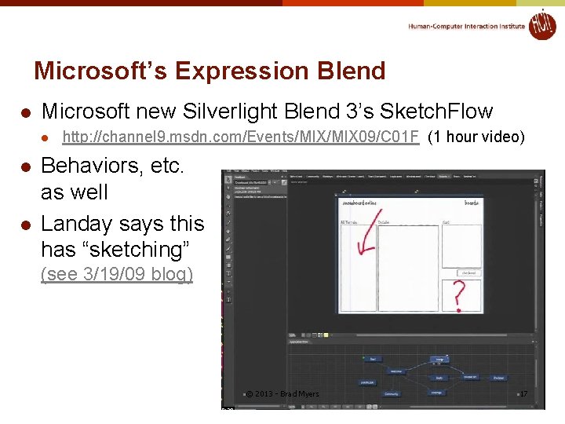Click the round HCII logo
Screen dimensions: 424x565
(x=541, y=25)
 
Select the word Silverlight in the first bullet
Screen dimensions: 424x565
(x=229, y=111)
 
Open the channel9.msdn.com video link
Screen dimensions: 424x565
(x=240, y=137)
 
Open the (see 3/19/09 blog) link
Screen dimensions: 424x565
(x=116, y=275)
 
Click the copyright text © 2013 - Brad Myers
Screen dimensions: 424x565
(x=282, y=393)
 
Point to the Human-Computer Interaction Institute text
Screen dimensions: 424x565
(x=466, y=26)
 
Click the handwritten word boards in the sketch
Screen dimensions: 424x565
(x=471, y=203)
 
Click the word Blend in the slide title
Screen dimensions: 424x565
(x=351, y=71)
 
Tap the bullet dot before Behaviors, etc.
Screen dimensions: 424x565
(x=26, y=166)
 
